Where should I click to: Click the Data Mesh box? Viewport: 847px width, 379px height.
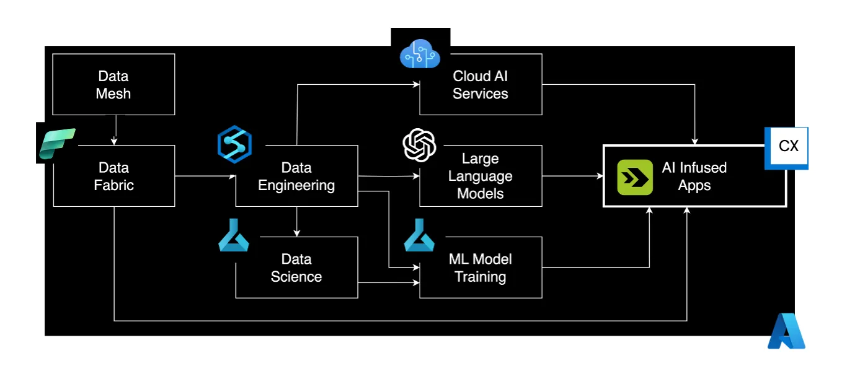pyautogui.click(x=113, y=84)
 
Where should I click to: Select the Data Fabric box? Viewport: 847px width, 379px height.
pyautogui.click(x=113, y=176)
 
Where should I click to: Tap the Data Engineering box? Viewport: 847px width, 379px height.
pyautogui.click(x=296, y=176)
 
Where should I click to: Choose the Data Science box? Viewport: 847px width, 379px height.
pyautogui.click(x=296, y=268)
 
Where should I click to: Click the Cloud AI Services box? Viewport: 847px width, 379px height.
pyautogui.click(x=481, y=84)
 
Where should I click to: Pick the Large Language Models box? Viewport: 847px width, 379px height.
pyautogui.click(x=481, y=176)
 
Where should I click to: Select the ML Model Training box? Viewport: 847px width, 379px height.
pyautogui.click(x=481, y=268)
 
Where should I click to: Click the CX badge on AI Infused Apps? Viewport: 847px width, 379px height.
pyautogui.click(x=787, y=147)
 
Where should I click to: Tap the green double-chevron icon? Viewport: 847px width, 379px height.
pyautogui.click(x=635, y=177)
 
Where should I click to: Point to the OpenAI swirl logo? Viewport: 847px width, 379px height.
pyautogui.click(x=419, y=145)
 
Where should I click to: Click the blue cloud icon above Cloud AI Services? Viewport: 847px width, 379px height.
pyautogui.click(x=420, y=54)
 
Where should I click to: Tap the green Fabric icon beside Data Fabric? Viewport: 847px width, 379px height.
pyautogui.click(x=56, y=144)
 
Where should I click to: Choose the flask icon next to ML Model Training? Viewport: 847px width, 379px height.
pyautogui.click(x=419, y=237)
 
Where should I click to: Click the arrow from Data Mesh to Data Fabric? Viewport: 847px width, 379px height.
pyautogui.click(x=113, y=130)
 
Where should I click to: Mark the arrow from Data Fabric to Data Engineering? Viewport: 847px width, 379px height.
pyautogui.click(x=205, y=176)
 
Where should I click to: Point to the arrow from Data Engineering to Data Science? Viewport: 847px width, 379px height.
pyautogui.click(x=296, y=222)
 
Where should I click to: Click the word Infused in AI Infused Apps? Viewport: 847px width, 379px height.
pyautogui.click(x=703, y=168)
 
